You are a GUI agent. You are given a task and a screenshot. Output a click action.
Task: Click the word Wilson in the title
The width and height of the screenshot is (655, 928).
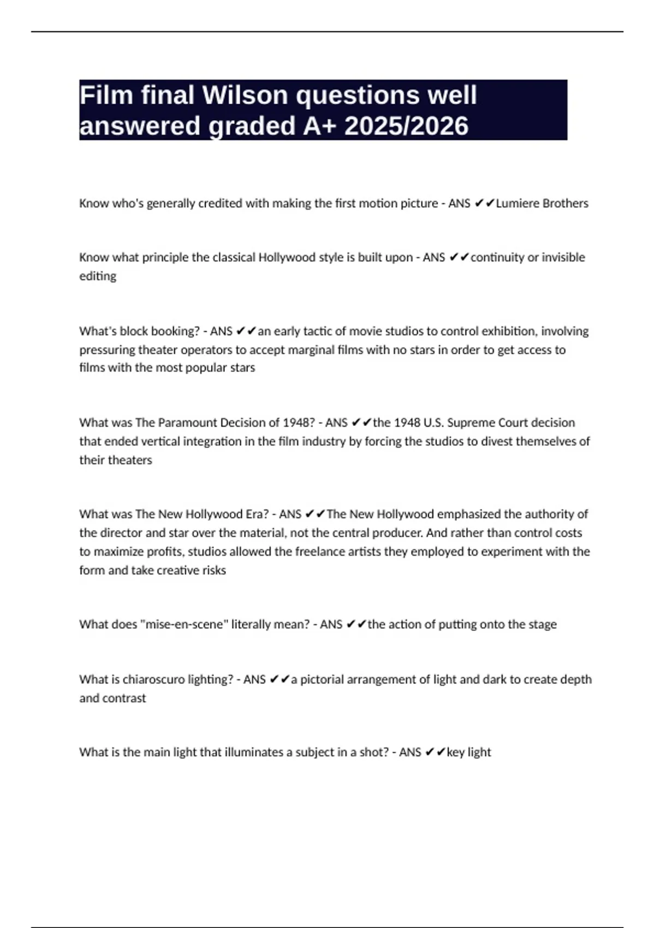[245, 95]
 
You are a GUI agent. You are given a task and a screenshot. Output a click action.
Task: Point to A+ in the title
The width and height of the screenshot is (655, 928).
[319, 126]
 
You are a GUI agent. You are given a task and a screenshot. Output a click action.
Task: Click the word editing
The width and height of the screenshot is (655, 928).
[98, 276]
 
